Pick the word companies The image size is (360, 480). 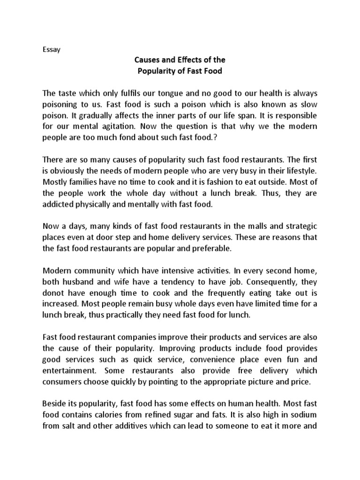pos(144,337)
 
